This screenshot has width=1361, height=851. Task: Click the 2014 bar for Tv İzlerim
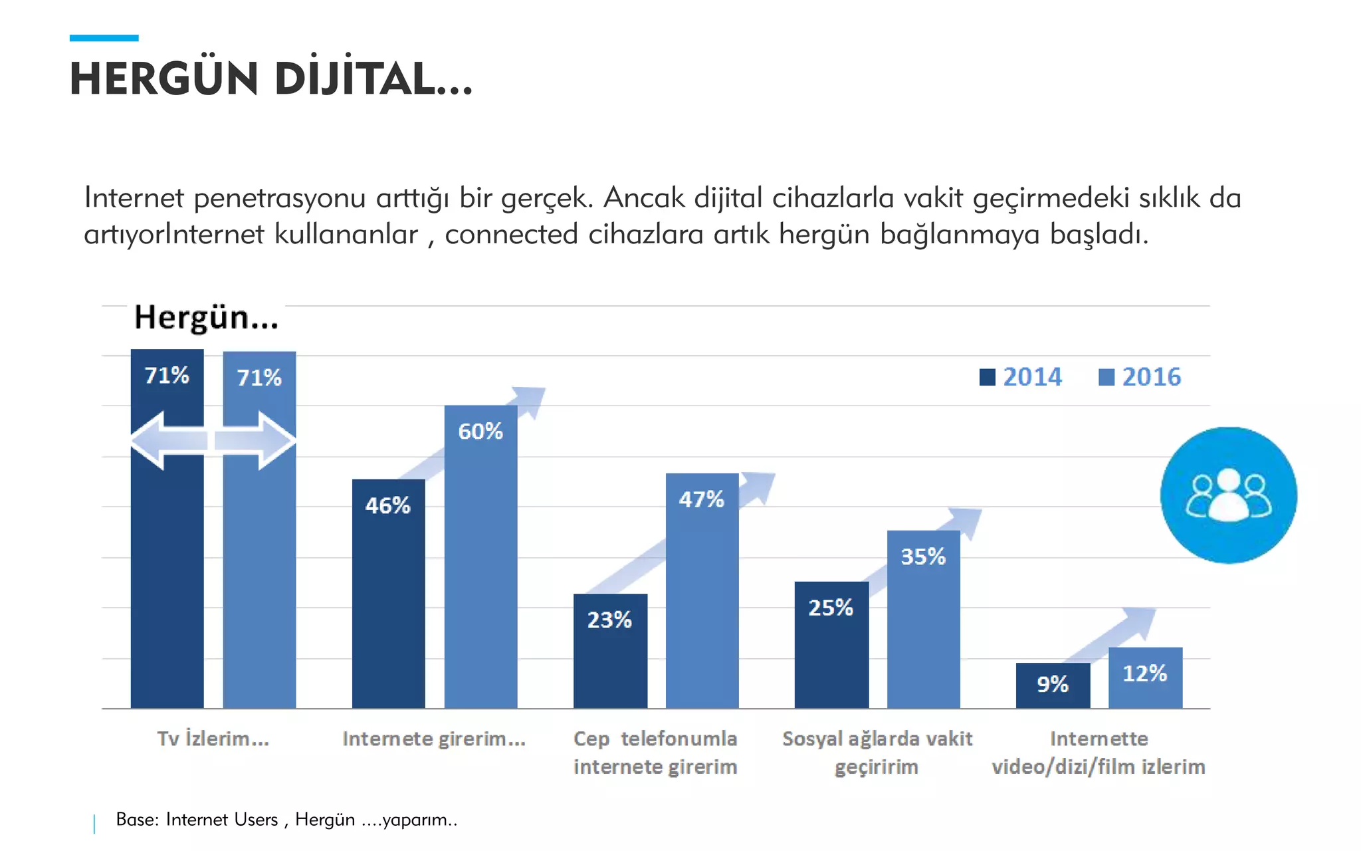tap(167, 565)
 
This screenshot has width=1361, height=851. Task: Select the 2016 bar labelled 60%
tap(480, 565)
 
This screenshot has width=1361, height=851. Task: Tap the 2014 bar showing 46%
tap(388, 598)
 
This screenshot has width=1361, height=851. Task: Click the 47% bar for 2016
tap(702, 598)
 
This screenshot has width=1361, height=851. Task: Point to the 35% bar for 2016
tap(923, 625)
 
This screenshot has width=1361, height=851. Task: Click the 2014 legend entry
tap(1021, 377)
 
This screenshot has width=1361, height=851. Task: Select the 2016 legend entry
tap(1140, 377)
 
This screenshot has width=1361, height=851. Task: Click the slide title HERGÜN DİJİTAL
tap(270, 79)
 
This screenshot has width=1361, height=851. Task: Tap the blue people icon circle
tap(1228, 495)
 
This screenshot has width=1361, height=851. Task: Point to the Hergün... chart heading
tap(206, 317)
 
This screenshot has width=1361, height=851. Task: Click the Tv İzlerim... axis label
tap(213, 739)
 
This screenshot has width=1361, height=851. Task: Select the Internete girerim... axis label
tap(433, 739)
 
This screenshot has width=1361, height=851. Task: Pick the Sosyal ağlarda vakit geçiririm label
tap(877, 753)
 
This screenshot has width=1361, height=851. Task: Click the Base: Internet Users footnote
tap(286, 820)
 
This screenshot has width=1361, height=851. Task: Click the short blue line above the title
tap(104, 38)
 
